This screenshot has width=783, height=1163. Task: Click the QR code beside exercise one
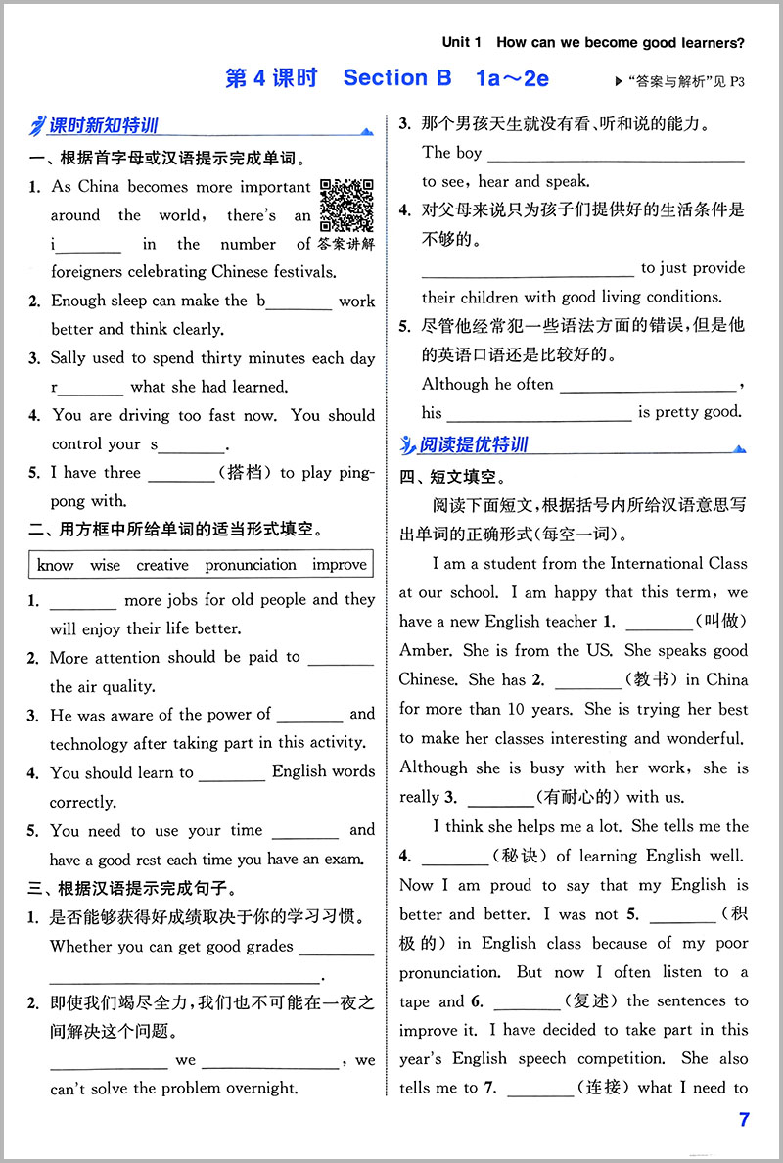point(347,205)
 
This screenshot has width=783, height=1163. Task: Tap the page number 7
point(745,1120)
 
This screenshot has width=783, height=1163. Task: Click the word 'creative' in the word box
point(162,565)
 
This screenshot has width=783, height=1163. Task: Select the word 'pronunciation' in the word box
point(251,565)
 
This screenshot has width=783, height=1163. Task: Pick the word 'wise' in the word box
point(105,565)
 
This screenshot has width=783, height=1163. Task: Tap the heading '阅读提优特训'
point(473,445)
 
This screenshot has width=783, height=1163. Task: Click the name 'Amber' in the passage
point(425,650)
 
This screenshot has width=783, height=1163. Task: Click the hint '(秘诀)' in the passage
point(520,856)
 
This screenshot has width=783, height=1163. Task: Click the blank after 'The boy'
point(616,153)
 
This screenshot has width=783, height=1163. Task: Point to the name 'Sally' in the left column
point(71,358)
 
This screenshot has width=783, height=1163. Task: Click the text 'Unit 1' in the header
point(462,42)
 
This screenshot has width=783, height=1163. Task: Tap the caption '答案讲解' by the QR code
point(348,244)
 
